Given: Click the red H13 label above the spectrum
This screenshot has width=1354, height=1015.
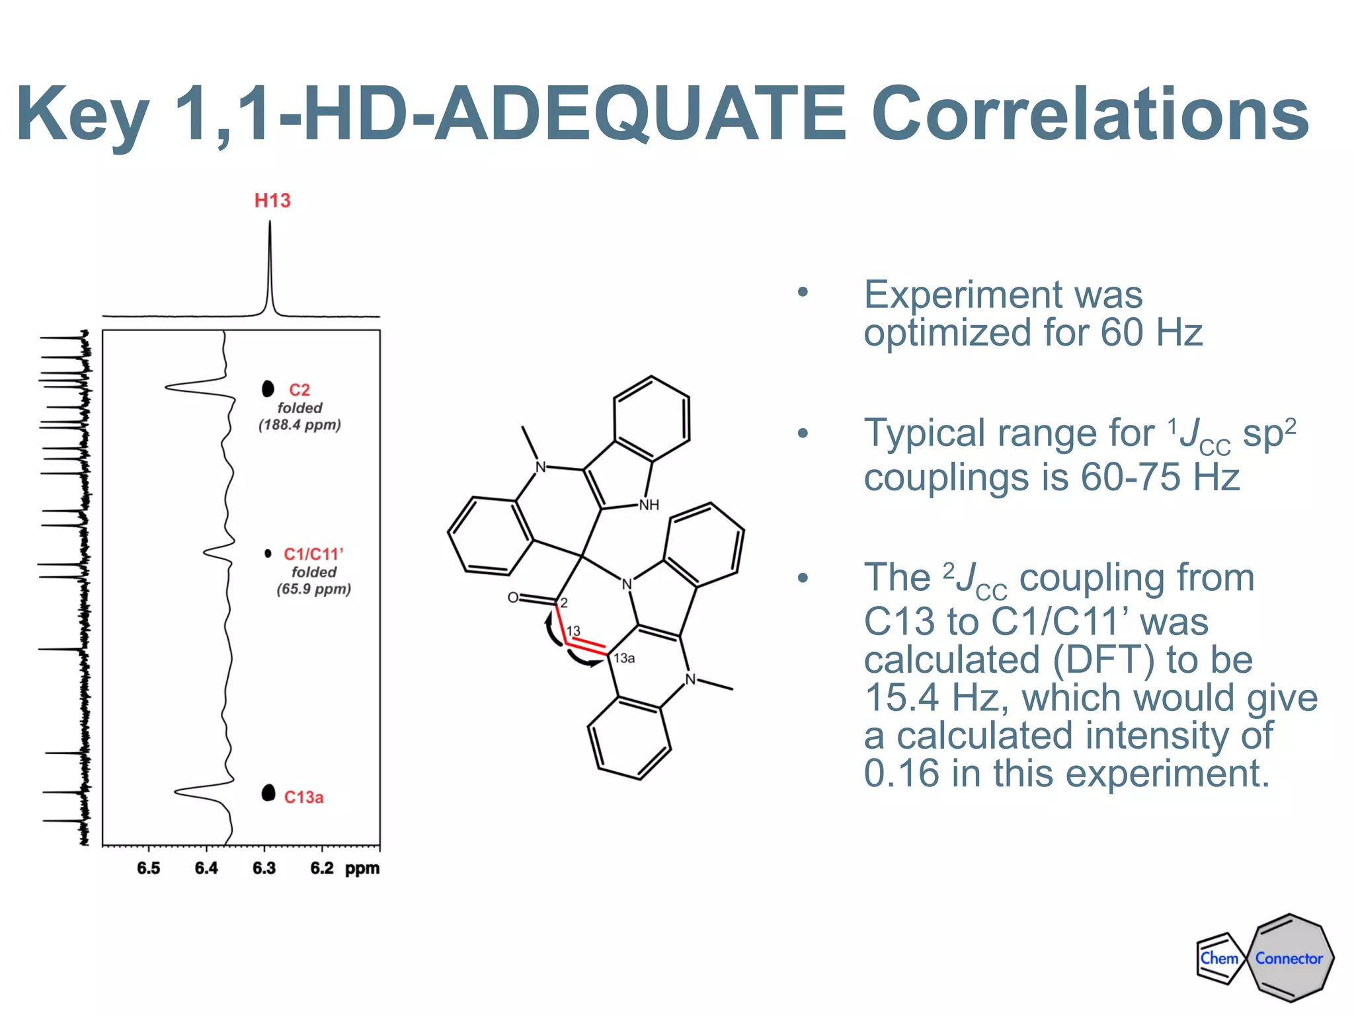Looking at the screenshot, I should tap(272, 200).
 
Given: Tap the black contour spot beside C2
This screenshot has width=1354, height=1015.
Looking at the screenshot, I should tap(268, 389).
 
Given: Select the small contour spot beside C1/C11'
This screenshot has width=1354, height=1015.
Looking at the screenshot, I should tap(268, 553).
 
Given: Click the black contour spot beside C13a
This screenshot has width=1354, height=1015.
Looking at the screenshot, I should tap(268, 792).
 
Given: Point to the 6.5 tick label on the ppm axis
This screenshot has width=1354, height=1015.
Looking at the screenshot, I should tap(149, 868).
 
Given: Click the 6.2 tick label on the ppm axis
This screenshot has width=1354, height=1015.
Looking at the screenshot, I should tap(322, 868).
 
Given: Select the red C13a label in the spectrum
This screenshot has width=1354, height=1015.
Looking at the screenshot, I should tap(303, 798).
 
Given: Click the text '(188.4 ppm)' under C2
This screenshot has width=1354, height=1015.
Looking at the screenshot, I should tap(299, 425).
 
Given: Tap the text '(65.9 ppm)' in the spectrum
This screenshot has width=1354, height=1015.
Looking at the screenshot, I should tap(313, 589).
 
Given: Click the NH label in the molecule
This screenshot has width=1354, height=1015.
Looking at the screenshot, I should tap(649, 506).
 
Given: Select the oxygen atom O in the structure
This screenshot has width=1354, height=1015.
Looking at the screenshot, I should tap(513, 598).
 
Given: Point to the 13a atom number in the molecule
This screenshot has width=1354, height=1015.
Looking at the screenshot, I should tap(624, 658).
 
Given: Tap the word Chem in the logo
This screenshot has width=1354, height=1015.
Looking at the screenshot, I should tap(1219, 958).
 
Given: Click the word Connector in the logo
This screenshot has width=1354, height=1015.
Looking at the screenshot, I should tap(1289, 958).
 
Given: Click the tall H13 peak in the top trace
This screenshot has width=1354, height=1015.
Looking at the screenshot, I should tap(270, 264).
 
